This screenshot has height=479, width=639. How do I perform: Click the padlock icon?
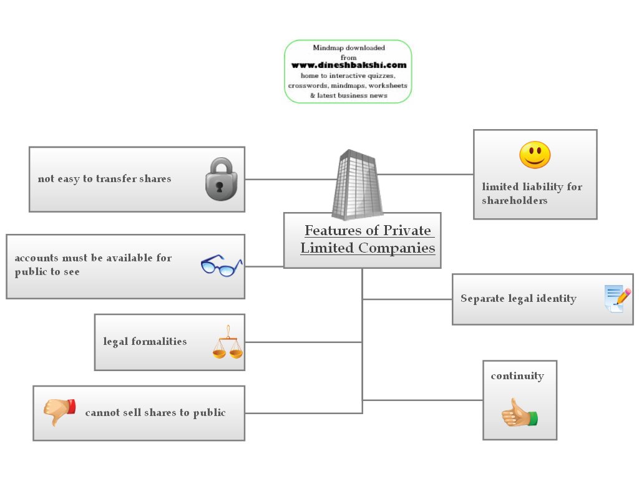pos(221,179)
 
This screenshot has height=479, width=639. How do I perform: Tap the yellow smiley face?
pos(535,155)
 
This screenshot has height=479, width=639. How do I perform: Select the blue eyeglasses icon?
pos(221,266)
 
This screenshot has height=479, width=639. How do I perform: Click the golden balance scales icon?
pos(227,342)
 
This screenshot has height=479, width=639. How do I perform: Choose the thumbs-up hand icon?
pos(519,414)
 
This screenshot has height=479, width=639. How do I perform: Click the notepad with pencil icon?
pos(617,299)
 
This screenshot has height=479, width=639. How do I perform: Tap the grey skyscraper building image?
pos(357,183)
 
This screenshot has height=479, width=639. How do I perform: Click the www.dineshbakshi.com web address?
pos(348,65)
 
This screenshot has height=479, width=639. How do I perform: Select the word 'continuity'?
pos(517,375)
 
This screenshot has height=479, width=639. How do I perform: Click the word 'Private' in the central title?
pos(406,231)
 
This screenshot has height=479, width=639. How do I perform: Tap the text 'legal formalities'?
pos(145,341)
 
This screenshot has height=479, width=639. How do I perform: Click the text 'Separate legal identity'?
pos(518,298)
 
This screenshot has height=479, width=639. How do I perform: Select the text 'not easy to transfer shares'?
pos(104,178)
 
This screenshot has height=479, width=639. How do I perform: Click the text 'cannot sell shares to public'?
pos(155,412)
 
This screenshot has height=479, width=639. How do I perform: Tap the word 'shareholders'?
pos(514,200)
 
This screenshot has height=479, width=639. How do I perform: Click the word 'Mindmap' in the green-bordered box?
pos(328,48)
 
